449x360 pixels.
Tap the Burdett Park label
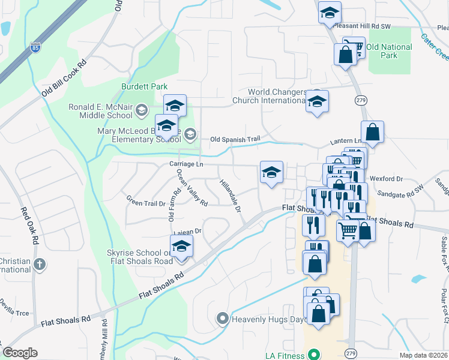[x=144, y=86]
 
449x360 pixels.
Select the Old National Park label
[x=389, y=51]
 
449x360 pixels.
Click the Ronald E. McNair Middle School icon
[x=142, y=110]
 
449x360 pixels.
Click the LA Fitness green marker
[x=312, y=355]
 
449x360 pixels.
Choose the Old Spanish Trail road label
[x=235, y=140]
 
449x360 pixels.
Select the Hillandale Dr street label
[x=230, y=196]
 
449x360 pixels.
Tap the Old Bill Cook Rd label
[x=64, y=79]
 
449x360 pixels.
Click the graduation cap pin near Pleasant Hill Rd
[x=329, y=12]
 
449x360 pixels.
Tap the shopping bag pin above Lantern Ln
[x=372, y=133]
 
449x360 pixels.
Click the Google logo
[x=20, y=353]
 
